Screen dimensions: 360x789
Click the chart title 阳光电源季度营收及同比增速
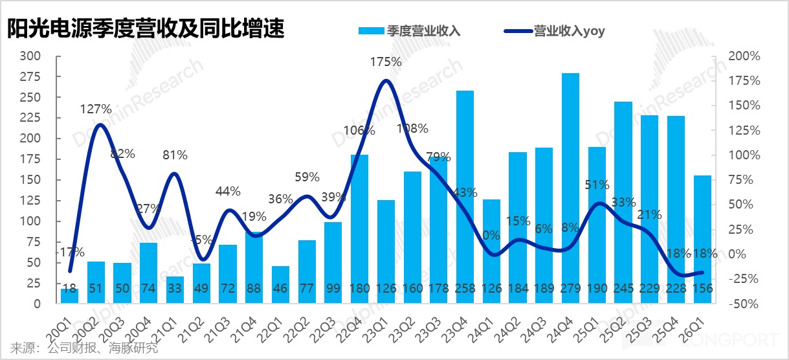(146, 28)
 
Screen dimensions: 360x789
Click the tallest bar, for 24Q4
(570, 188)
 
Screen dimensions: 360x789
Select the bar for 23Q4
(465, 194)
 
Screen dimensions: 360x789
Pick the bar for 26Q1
(702, 233)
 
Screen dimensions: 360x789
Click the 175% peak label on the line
(386, 63)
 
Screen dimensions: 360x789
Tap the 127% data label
(96, 108)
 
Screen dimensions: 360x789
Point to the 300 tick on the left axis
(31, 56)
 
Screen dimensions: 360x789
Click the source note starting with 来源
(85, 348)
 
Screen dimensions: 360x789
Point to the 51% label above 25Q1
(596, 185)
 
